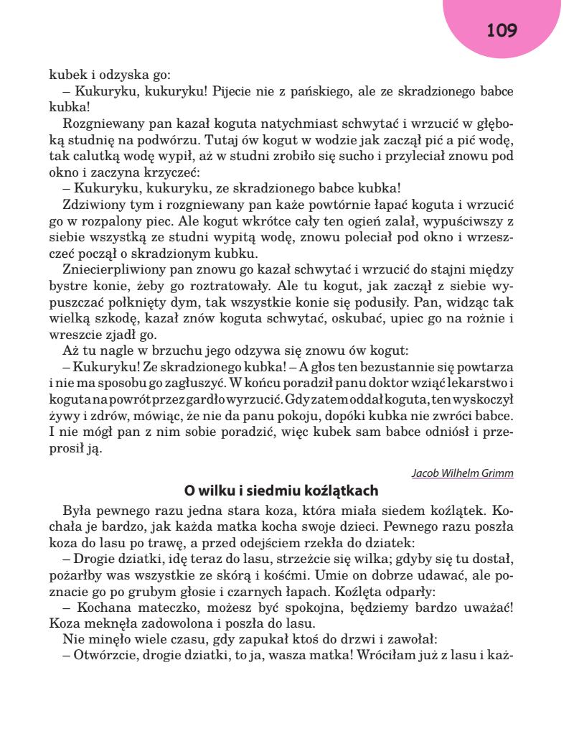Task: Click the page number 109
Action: (502, 30)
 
